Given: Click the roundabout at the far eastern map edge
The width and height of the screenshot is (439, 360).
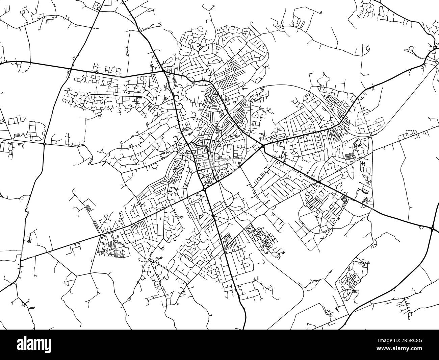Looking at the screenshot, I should click(433, 229).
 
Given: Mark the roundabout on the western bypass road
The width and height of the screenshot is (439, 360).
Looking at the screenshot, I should click(45, 144).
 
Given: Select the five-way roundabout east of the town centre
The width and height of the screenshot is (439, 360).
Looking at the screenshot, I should click(263, 146).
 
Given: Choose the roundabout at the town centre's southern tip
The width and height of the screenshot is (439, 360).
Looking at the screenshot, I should click(205, 190).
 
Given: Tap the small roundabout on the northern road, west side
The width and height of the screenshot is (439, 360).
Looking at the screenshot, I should click(97, 72).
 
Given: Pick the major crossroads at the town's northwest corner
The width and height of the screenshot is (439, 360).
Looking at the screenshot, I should click(164, 71).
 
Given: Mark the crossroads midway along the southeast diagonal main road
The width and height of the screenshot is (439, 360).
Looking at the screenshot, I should click(319, 183).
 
